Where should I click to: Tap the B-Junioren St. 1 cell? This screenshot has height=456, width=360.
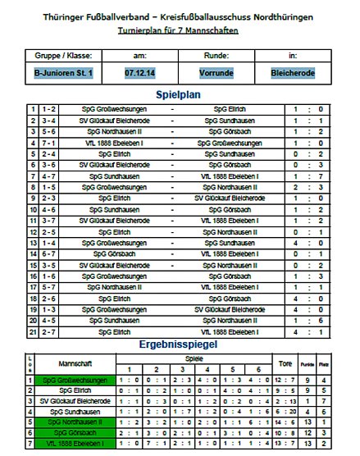point(63,73)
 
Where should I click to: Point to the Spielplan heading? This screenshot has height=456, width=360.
point(179,94)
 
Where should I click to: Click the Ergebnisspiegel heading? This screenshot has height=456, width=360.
point(179,345)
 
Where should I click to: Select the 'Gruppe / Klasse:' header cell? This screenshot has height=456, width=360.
point(63,55)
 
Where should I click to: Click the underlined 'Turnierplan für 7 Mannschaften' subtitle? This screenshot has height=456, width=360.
point(179,30)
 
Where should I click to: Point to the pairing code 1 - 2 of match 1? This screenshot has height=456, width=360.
point(48,108)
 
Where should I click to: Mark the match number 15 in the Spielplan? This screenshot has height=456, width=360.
point(33,266)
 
